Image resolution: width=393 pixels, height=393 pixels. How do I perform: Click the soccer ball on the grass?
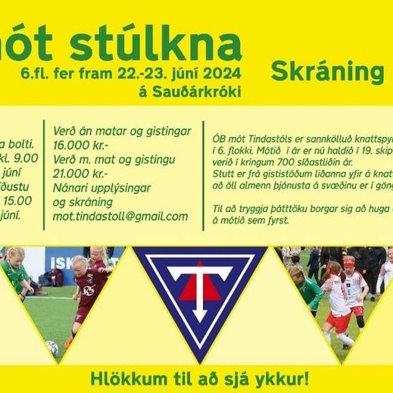(51, 348)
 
